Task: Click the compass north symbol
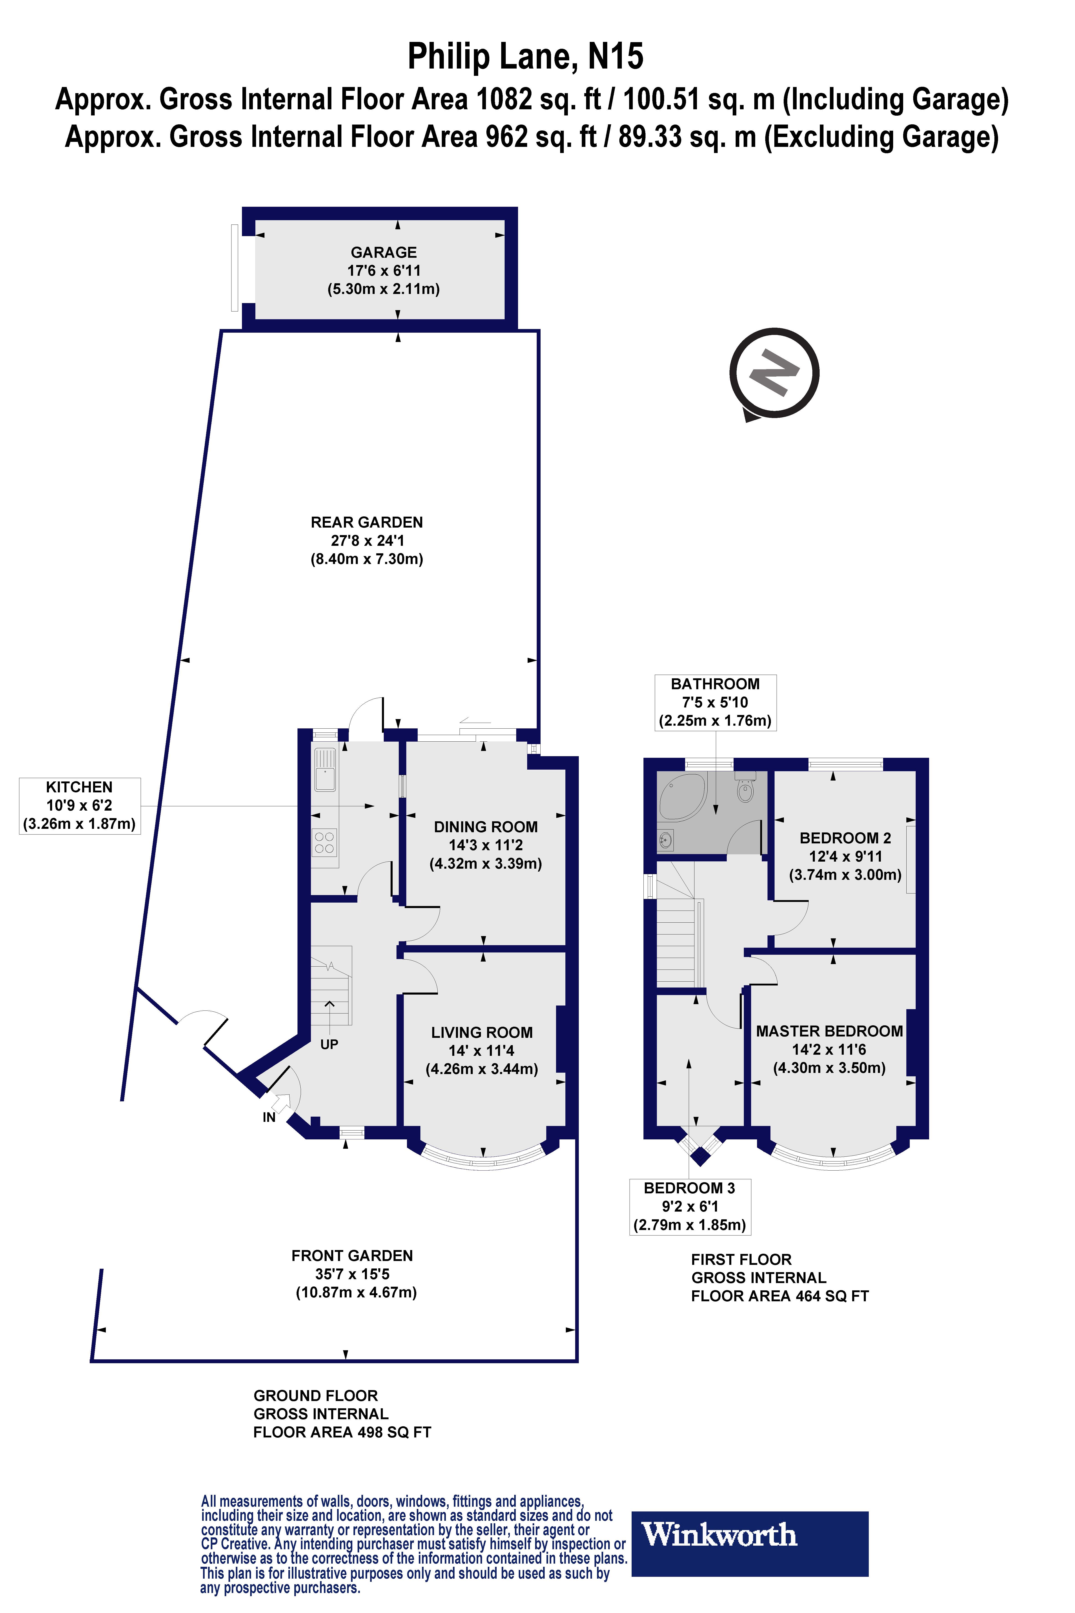coord(775,374)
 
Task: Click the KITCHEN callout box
coord(79,806)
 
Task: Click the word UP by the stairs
coord(329,1044)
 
